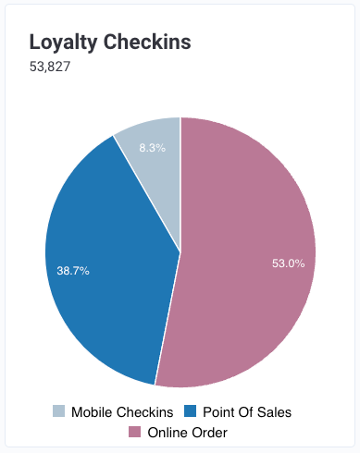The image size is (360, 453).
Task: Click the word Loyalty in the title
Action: point(63,43)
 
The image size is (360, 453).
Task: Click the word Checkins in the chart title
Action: point(147,42)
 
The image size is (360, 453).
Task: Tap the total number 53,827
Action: point(50,67)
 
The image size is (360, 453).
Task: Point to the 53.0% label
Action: point(289,263)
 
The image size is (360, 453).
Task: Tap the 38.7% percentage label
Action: point(73,271)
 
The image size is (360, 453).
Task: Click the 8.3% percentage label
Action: point(153,148)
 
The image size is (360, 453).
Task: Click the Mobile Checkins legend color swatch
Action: point(58,411)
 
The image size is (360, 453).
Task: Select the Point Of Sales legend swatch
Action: point(190,411)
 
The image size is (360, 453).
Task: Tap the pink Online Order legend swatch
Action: point(134,432)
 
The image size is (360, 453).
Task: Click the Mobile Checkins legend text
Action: point(122,412)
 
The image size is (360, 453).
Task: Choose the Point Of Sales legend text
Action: point(247,412)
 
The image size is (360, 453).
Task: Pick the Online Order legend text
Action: point(188,433)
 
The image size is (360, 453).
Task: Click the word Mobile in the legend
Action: point(92,412)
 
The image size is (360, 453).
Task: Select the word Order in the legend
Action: point(210,433)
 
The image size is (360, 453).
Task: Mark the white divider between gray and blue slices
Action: point(146,193)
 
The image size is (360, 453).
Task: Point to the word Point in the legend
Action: point(218,412)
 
